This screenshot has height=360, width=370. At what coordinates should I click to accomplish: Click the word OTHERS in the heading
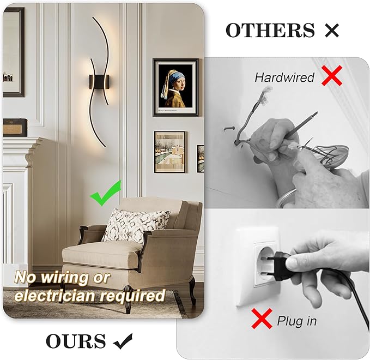click(270, 31)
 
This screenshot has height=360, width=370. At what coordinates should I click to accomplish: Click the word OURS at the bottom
click(76, 341)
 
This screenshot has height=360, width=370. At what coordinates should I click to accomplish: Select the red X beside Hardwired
click(331, 76)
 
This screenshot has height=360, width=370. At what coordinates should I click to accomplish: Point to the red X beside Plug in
click(262, 319)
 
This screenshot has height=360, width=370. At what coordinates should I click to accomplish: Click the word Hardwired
click(284, 77)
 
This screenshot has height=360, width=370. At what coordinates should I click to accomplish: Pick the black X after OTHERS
click(331, 31)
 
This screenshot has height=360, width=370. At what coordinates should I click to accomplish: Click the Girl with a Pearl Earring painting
click(175, 87)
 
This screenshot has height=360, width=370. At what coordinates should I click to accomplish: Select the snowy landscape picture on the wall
click(169, 152)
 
